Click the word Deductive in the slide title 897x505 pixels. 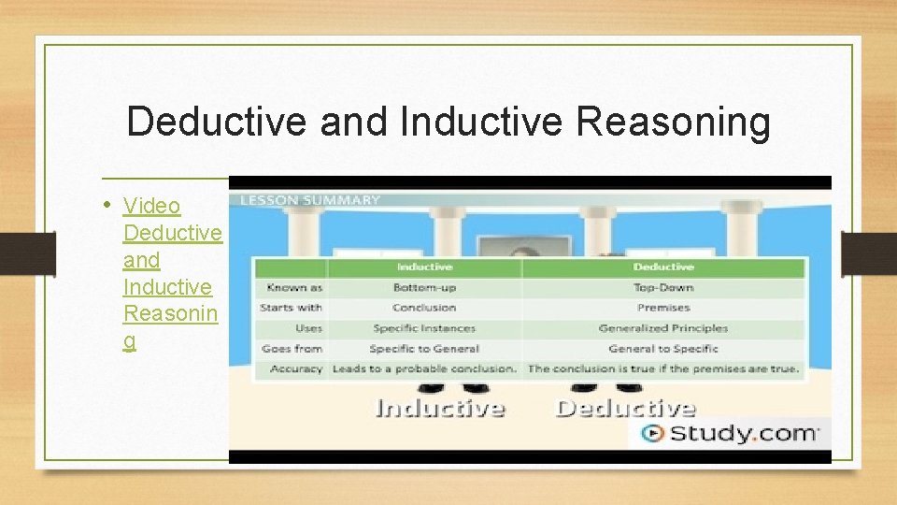click(217, 123)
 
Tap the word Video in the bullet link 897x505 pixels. click(151, 205)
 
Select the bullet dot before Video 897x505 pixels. click(109, 204)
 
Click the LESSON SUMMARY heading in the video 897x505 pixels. click(311, 199)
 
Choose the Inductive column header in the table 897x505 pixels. click(424, 267)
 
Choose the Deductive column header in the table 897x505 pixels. click(663, 267)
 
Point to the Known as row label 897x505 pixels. click(293, 287)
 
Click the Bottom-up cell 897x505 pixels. click(424, 287)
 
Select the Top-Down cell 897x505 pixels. click(663, 287)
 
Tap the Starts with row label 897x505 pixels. click(291, 308)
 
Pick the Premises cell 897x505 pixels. click(663, 308)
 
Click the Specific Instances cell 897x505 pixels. click(424, 328)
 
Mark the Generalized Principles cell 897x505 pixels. click(663, 328)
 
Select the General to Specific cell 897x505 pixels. click(663, 349)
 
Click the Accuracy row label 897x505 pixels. click(295, 368)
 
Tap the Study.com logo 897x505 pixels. click(730, 433)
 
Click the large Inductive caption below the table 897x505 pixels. click(439, 408)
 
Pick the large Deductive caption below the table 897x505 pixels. click(625, 408)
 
